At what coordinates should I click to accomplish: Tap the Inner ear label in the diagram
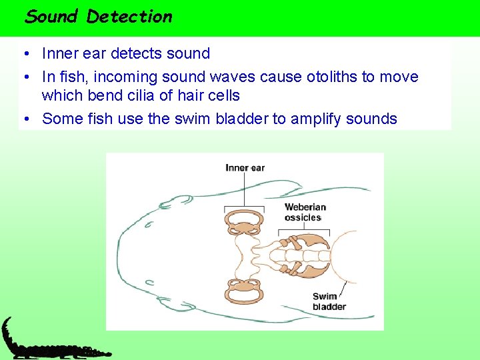coord(245,167)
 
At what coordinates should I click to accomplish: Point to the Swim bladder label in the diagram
coord(329,302)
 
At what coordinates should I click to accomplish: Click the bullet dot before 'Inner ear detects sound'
coord(25,54)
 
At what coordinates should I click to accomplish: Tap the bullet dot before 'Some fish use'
coord(25,119)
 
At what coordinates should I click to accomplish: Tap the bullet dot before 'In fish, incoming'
coord(25,77)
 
